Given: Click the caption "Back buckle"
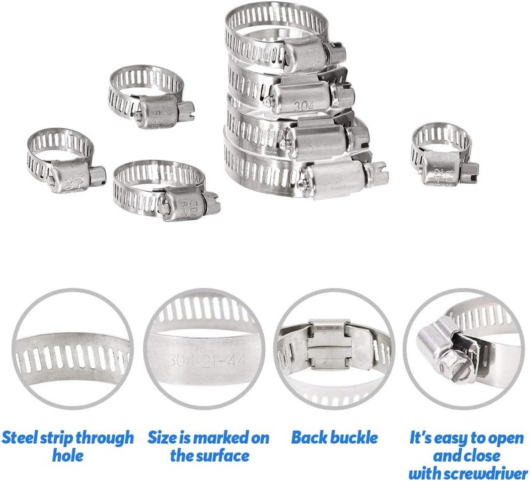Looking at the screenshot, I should (335, 438).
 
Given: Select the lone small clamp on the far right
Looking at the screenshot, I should (442, 152).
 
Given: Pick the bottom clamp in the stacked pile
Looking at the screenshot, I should (299, 169).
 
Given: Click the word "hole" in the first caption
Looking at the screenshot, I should (68, 455).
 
